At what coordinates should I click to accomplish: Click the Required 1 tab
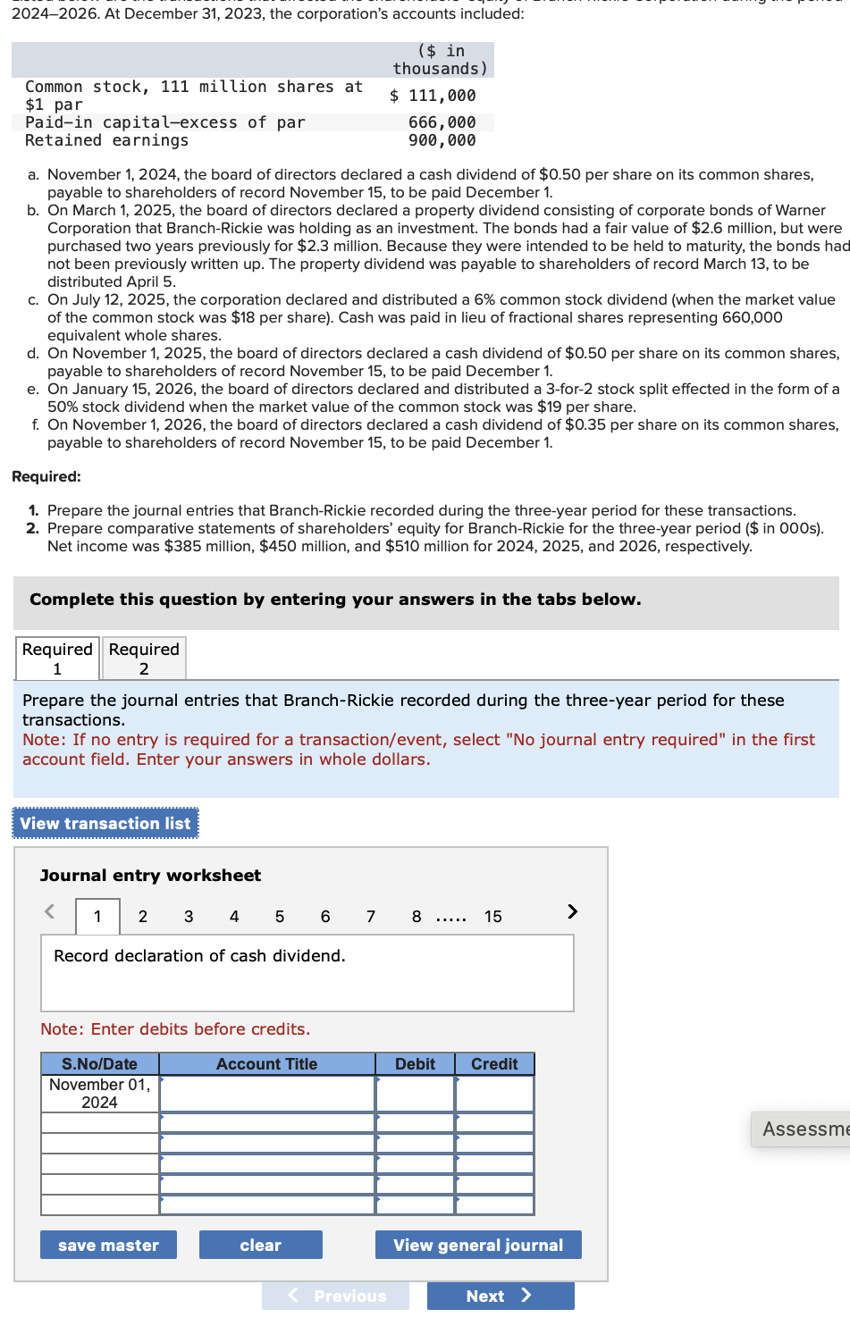[x=57, y=659]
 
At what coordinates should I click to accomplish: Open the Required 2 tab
[x=144, y=659]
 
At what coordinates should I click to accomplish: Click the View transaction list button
[x=105, y=823]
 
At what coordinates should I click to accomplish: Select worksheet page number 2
[x=143, y=916]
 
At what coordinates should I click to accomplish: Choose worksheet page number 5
[x=280, y=916]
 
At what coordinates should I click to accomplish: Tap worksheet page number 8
[x=417, y=916]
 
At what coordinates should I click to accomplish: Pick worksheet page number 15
[x=493, y=916]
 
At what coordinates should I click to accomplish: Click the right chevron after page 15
[x=572, y=911]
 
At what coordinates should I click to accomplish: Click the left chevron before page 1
[x=50, y=911]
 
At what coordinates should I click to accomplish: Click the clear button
[x=260, y=1245]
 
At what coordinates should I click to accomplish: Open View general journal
[x=478, y=1245]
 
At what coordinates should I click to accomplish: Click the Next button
[x=500, y=1296]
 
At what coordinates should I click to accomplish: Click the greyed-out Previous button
[x=336, y=1296]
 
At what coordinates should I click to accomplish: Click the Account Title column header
[x=266, y=1063]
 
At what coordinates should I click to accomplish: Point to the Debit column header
[x=415, y=1063]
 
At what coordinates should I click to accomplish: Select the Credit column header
[x=494, y=1063]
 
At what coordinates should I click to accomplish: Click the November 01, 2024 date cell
[x=100, y=1093]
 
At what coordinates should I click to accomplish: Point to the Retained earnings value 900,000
[x=442, y=140]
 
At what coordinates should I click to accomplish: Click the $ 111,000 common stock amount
[x=433, y=96]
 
